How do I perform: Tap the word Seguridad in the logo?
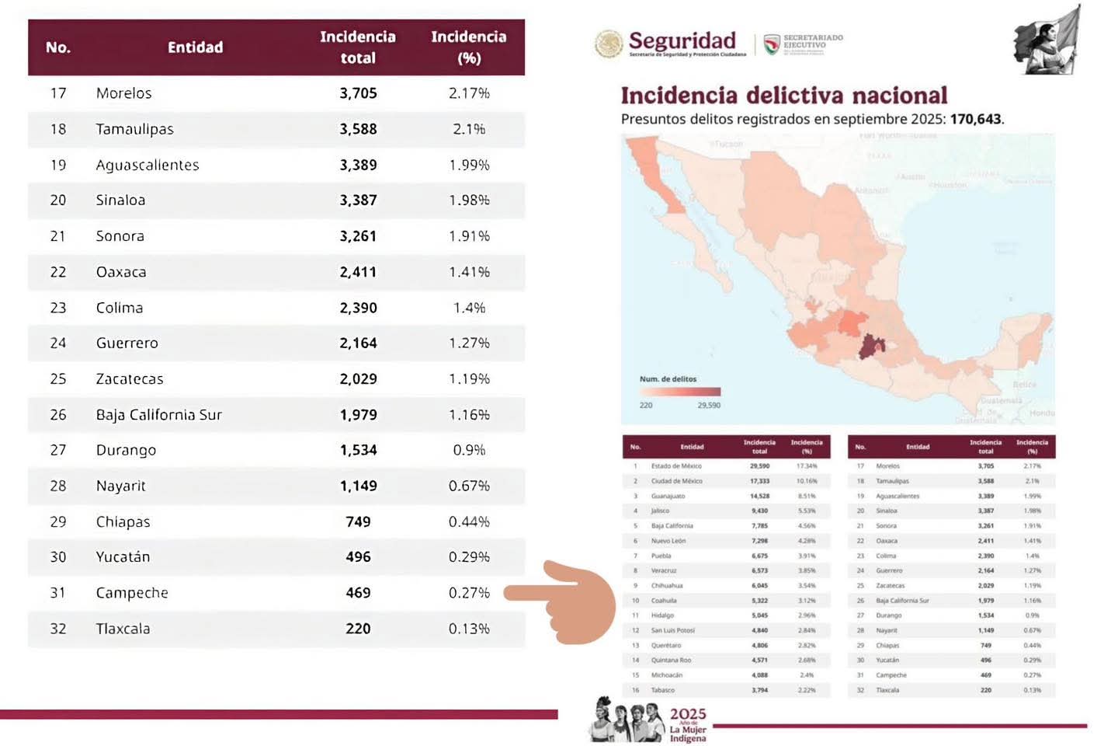coord(682,40)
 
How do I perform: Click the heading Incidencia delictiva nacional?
coord(783,96)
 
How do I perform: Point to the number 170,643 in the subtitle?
coord(975,119)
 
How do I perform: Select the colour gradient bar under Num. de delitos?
coord(680,392)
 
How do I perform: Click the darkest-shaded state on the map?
coord(871,347)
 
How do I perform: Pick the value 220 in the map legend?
coord(646,405)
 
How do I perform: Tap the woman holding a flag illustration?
coord(1048,40)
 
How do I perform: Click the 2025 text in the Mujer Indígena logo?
coord(688,713)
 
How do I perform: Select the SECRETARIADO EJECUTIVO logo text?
coord(812,41)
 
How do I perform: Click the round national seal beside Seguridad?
coord(609,44)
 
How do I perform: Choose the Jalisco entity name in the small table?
coord(661,511)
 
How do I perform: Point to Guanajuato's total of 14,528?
coord(759,496)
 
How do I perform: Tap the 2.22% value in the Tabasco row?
coord(807,690)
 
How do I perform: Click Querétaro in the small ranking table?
coord(665,645)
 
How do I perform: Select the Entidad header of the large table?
coord(195,47)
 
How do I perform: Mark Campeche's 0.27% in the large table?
coord(469,593)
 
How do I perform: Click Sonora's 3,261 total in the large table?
coord(358,236)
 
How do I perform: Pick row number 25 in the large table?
coord(58,379)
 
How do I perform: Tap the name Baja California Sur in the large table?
coord(159,415)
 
